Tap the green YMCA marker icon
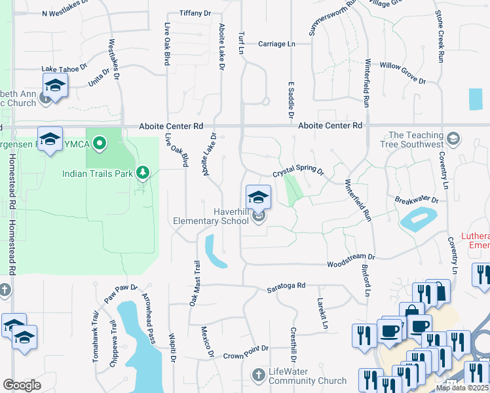[x=100, y=142]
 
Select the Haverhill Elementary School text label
[x=211, y=216]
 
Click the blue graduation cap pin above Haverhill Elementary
[x=258, y=196]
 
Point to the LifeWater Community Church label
[x=307, y=376]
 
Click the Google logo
[x=22, y=384]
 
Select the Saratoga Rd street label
[x=286, y=286]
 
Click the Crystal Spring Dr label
[x=298, y=172]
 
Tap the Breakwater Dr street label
[x=416, y=199]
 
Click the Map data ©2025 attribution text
[x=462, y=388]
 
